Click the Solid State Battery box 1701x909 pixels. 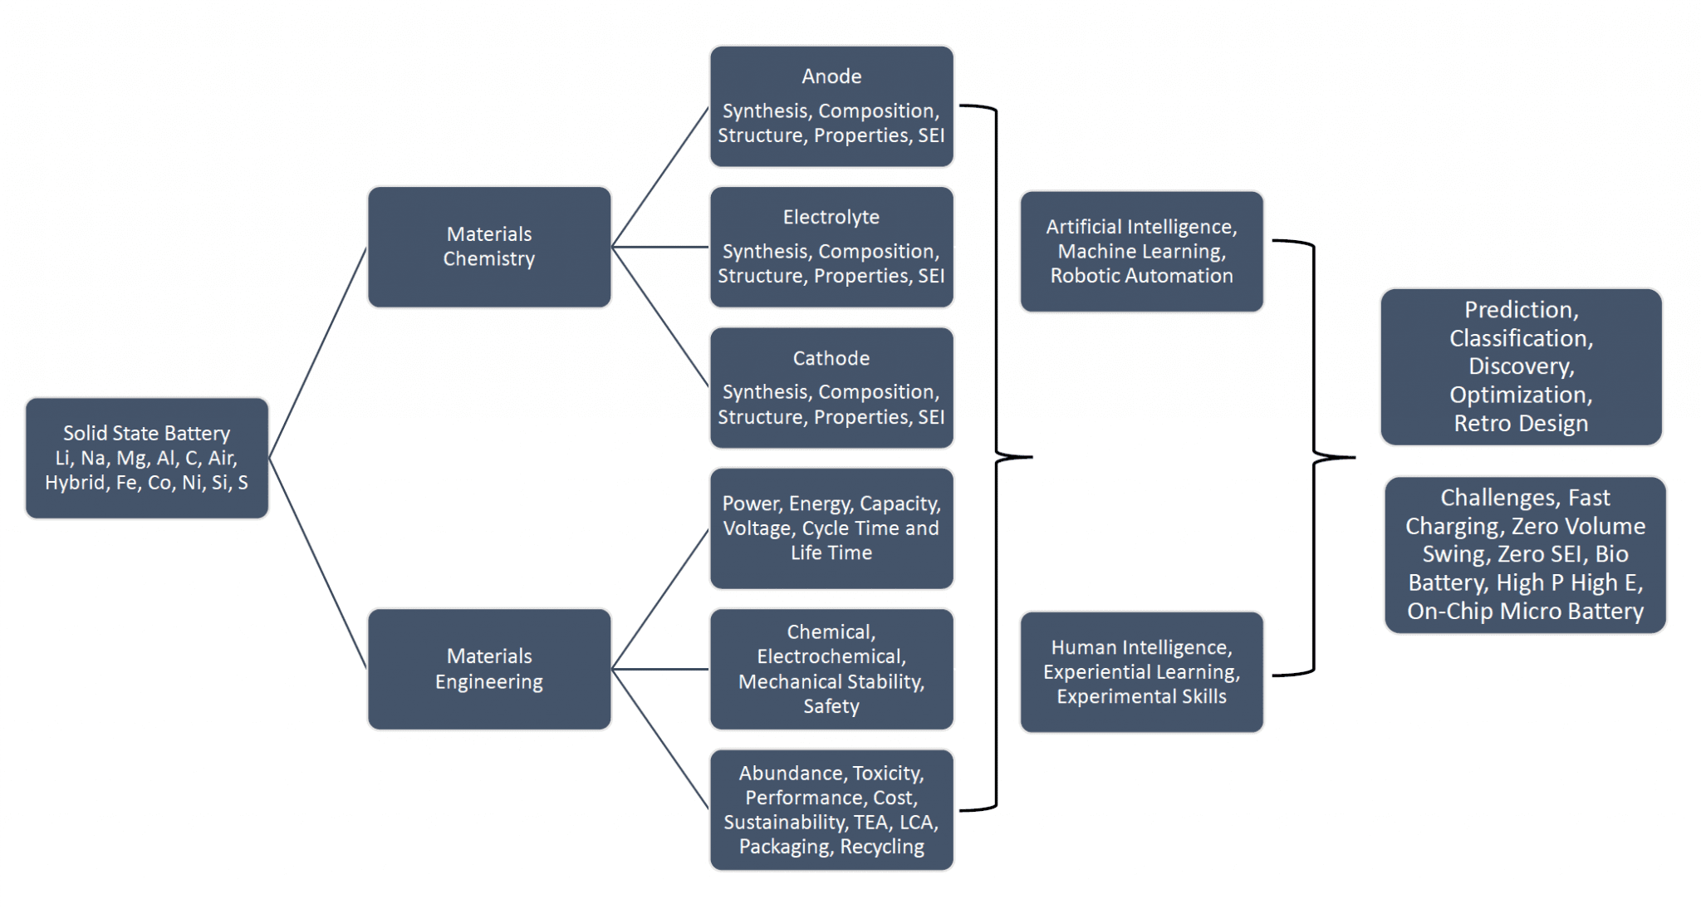[147, 458]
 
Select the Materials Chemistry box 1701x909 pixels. [489, 247]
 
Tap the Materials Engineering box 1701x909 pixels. [489, 669]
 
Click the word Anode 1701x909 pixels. [831, 76]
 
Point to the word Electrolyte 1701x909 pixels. [831, 217]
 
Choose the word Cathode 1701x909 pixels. [831, 358]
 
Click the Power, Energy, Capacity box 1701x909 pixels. [831, 528]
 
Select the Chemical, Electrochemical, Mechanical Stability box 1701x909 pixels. [831, 669]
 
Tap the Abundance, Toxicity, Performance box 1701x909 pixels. [831, 810]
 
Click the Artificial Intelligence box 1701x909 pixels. [1142, 251]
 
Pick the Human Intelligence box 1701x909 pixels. [1142, 672]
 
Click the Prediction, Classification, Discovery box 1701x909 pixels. [1522, 366]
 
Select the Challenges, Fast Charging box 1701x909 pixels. [1526, 554]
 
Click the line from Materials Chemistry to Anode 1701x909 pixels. [660, 177]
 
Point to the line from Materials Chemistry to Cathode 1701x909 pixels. [660, 317]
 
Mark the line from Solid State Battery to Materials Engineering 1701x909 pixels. [318, 563]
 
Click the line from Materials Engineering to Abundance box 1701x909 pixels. [660, 739]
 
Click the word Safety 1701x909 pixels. [831, 706]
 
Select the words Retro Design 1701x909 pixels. [1521, 423]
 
